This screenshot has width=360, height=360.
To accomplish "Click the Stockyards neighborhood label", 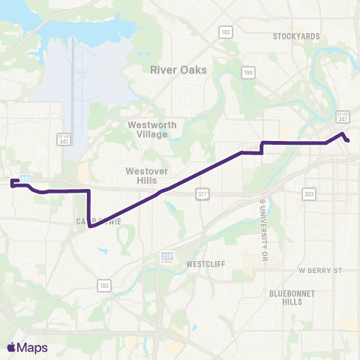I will click(x=296, y=36).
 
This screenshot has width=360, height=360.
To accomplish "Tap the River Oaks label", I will click(x=178, y=70).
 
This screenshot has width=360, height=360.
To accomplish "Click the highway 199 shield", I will click(x=247, y=73).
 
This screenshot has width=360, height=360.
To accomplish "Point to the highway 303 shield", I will click(x=309, y=194).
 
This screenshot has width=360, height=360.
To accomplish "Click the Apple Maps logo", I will click(x=27, y=348).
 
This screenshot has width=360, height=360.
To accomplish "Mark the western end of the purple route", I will click(x=13, y=183).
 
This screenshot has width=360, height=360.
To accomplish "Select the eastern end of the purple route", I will click(x=348, y=140).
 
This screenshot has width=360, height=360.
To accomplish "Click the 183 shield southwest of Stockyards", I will click(x=224, y=31).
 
